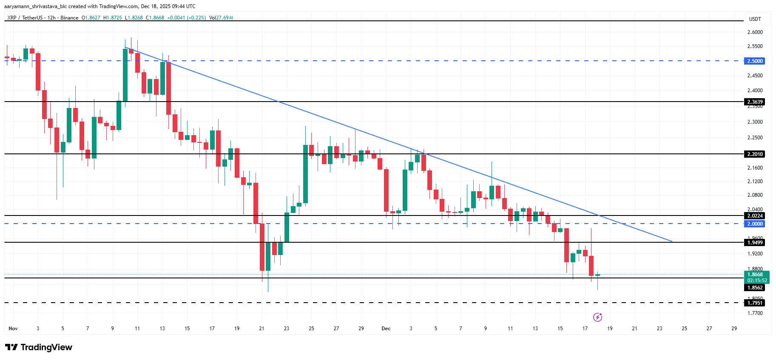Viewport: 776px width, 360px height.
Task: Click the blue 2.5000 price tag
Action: point(755,61)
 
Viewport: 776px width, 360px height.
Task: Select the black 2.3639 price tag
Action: point(755,102)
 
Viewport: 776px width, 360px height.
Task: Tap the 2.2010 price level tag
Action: point(755,154)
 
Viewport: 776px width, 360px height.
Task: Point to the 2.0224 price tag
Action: point(755,215)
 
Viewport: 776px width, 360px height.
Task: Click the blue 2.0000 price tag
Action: point(755,224)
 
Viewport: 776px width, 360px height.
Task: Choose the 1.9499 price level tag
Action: point(755,242)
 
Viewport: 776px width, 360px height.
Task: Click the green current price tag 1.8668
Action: point(756,275)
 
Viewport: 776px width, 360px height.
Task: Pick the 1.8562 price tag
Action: point(755,288)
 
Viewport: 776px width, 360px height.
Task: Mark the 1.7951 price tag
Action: point(755,303)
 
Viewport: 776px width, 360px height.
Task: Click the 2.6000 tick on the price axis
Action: point(755,32)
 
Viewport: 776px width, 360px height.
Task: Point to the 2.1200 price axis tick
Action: point(755,181)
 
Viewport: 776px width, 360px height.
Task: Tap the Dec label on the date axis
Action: point(386,329)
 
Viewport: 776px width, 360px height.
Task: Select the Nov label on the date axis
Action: point(13,329)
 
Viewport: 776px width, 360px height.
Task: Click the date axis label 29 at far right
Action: point(734,329)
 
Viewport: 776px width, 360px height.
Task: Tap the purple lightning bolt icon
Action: point(597,317)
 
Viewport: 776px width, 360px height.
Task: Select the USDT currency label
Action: point(755,19)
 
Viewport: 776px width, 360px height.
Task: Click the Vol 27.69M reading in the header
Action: point(221,18)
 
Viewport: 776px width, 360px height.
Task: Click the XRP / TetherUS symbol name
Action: point(25,18)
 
